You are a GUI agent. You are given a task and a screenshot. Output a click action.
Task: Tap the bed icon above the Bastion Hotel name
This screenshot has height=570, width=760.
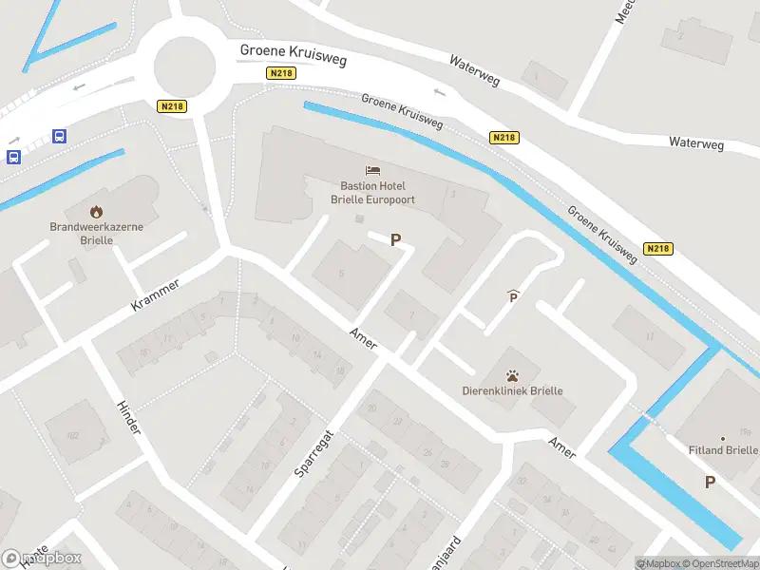[x=372, y=171]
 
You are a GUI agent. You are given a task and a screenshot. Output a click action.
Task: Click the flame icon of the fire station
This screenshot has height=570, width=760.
[x=96, y=212]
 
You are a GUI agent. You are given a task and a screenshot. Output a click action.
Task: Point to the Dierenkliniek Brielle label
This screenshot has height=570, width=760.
[x=512, y=390]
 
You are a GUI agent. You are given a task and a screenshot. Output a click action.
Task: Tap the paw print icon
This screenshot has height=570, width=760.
[x=512, y=374]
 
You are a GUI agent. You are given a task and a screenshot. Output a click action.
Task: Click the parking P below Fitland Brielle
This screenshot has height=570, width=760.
[x=710, y=483]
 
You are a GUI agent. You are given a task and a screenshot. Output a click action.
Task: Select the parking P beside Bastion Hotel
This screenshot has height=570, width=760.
[x=395, y=240]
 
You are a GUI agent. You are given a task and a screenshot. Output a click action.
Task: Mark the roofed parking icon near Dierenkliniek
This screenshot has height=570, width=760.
[x=514, y=296]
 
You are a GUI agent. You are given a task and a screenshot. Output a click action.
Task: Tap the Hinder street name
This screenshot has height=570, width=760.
[x=128, y=418]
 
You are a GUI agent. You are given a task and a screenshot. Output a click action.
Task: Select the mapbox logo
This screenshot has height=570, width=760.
[x=42, y=559]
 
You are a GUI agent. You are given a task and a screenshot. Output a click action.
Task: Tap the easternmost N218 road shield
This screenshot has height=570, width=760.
[x=657, y=249]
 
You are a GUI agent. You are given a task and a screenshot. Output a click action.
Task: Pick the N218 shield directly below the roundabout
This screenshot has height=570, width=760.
[x=171, y=106]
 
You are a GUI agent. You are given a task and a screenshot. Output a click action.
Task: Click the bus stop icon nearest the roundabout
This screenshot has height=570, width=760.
[x=59, y=136]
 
